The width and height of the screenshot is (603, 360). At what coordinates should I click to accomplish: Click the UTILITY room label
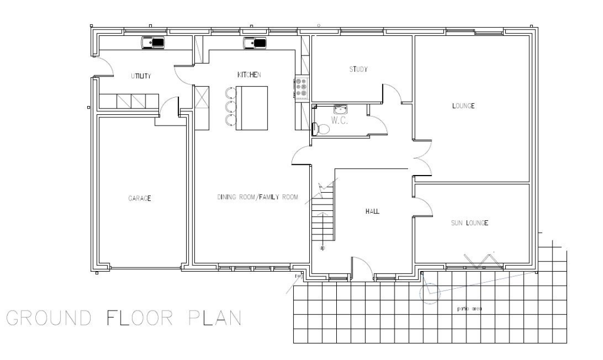pos(141,75)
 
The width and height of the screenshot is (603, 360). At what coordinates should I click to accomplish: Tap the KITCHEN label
pos(249,75)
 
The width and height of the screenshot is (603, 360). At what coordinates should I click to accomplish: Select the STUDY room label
pos(358,70)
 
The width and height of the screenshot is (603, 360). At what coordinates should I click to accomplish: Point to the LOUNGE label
pos(463,106)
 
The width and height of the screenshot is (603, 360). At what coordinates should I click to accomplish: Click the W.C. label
pos(340,121)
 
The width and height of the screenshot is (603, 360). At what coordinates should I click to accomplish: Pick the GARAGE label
pos(140,199)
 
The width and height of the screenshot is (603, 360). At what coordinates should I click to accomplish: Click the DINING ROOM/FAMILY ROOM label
pos(257,197)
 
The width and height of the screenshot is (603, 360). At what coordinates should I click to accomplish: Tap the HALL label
pos(372,211)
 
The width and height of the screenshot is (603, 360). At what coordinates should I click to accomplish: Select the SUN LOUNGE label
pos(469,223)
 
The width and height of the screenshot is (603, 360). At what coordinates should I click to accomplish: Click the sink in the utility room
pos(154,43)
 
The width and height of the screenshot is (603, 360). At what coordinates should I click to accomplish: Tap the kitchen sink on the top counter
pos(255,43)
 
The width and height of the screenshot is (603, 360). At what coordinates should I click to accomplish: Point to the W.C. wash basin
pos(340,109)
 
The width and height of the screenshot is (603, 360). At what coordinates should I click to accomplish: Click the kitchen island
pos(251,107)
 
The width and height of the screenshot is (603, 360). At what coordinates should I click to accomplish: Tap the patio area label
pos(469,308)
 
